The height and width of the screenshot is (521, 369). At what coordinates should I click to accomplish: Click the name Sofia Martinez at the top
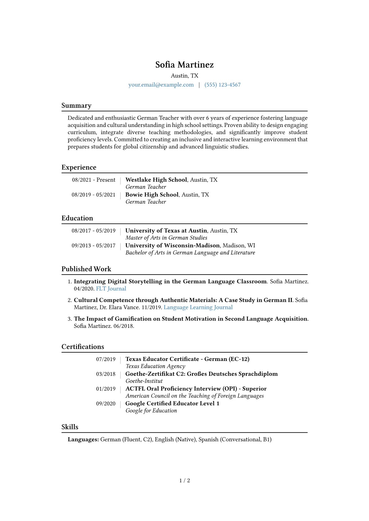pos(184,65)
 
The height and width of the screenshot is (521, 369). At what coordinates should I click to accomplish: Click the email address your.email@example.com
pos(161,85)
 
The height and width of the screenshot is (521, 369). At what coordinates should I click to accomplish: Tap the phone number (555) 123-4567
pos(222,85)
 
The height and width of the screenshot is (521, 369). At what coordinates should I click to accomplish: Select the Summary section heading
pos(76,106)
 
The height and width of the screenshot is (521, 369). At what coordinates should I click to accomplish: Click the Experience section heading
pos(79,167)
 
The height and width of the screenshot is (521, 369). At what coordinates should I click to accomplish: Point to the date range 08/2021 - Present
pos(94,180)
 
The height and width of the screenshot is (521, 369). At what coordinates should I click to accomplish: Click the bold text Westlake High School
pos(156,180)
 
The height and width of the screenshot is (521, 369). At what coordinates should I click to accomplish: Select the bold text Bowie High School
pos(152,195)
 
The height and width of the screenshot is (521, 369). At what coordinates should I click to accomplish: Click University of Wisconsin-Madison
pos(172,245)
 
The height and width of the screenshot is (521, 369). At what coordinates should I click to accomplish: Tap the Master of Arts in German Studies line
pos(166,238)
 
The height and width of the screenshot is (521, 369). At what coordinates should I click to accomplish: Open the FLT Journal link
pos(111,289)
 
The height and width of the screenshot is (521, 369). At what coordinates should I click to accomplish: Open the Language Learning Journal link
pos(198,307)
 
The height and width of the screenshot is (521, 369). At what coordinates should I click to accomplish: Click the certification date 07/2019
pos(106,359)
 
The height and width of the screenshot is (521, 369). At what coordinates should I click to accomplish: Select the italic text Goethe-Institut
pos(144,381)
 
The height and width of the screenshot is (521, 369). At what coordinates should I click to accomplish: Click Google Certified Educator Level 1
pos(172,404)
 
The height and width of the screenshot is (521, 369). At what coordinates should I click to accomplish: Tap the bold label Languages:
pos(83,440)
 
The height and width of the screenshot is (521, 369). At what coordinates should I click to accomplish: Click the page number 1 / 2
pos(184,481)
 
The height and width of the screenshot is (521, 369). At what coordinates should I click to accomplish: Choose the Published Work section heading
pos(86,269)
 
